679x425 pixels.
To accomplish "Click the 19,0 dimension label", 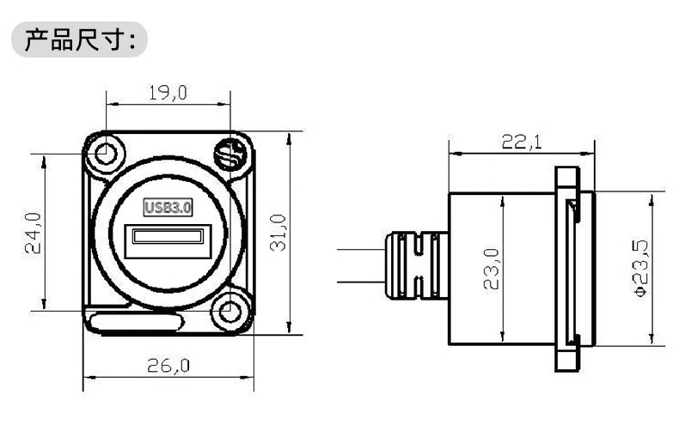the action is pos(168,93).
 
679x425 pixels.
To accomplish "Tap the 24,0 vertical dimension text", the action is pos(34,233).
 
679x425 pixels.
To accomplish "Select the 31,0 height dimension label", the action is pos(278,233).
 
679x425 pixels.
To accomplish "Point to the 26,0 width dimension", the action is pos(168,366).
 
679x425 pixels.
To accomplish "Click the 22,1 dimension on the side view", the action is pos(522,142).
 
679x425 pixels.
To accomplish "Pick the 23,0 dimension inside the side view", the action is pos(492,269).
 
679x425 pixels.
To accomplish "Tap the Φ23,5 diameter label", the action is pos(640,268).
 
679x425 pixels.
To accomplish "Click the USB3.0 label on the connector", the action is pos(168,207).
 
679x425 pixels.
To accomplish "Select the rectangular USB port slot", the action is pos(168,240).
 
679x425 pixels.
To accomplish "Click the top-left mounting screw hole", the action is pos(105,153).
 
